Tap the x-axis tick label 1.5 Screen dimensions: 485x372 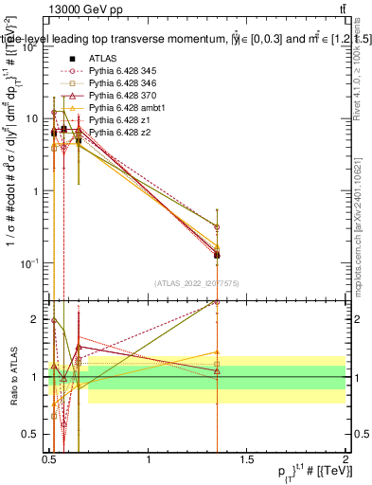click(x=247, y=458)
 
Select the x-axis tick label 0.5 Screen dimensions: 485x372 click(x=49, y=458)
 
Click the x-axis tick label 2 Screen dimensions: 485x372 click(x=345, y=458)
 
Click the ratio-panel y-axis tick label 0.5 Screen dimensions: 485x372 click(x=33, y=434)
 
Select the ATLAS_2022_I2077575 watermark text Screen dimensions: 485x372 click(x=197, y=283)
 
